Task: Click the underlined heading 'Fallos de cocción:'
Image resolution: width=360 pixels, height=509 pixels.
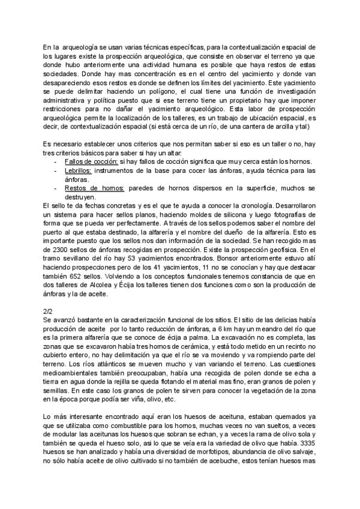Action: (x=91, y=162)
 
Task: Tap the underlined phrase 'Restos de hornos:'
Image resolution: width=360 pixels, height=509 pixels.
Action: (x=94, y=188)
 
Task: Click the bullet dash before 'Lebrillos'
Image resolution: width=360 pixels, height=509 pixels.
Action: (x=56, y=170)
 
